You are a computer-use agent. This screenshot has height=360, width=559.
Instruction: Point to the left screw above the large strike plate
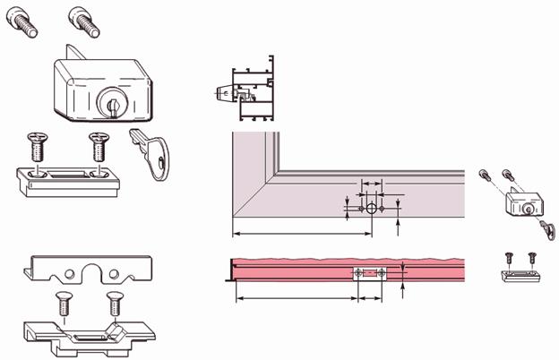click(37, 146)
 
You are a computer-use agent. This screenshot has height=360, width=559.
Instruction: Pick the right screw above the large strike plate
click(98, 144)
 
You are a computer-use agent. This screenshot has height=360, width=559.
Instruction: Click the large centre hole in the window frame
click(371, 208)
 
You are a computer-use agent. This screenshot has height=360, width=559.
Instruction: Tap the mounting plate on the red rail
click(370, 273)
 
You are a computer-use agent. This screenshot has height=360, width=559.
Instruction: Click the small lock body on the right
click(519, 202)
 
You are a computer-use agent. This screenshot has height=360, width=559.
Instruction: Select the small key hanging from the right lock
click(546, 228)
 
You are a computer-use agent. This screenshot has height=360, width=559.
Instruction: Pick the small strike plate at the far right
click(520, 274)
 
